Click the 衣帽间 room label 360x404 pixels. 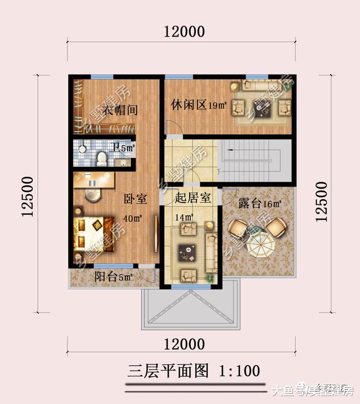click(x=120, y=109)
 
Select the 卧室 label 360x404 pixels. click(x=135, y=199)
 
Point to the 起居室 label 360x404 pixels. click(x=193, y=197)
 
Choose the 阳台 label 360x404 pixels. click(x=106, y=277)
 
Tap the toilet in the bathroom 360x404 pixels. click(x=102, y=157)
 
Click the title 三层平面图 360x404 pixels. click(x=168, y=371)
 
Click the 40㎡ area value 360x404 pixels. click(x=135, y=218)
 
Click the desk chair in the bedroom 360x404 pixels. click(x=92, y=194)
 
